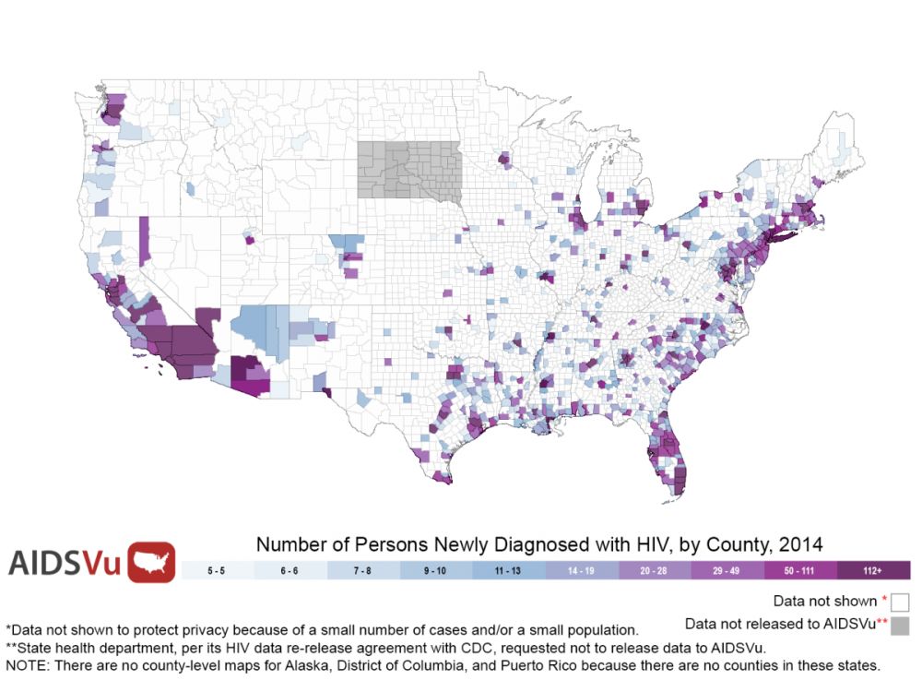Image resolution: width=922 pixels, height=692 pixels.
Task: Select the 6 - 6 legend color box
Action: (290, 570)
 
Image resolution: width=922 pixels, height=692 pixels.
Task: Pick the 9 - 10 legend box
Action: (436, 570)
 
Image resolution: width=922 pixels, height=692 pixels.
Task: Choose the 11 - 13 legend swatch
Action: (509, 570)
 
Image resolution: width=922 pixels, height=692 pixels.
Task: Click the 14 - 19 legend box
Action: (582, 570)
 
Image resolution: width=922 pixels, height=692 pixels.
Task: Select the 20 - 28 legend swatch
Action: (655, 570)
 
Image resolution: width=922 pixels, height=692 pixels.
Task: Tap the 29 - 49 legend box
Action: (727, 570)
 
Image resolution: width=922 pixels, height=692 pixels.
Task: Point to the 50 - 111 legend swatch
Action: (800, 570)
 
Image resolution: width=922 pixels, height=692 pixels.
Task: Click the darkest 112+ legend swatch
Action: (873, 570)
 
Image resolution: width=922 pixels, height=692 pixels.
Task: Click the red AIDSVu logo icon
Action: (152, 562)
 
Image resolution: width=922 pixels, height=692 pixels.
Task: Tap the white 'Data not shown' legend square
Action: (901, 602)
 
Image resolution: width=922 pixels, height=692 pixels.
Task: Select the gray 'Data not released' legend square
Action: (901, 625)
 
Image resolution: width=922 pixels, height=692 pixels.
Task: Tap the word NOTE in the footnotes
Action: (29, 664)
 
